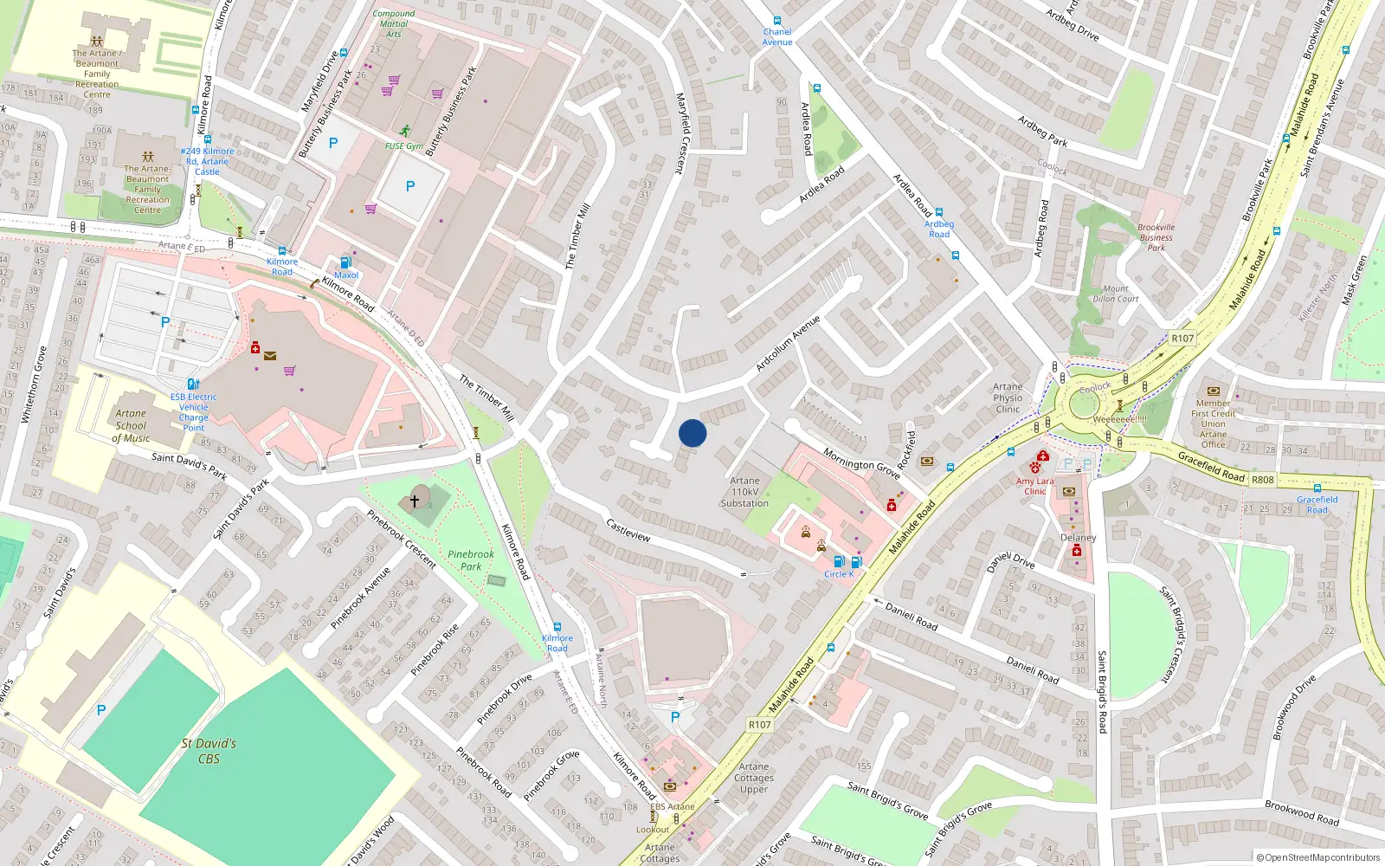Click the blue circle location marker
(x=692, y=433)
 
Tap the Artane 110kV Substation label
(x=744, y=492)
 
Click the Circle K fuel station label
(x=838, y=574)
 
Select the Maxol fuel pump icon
(x=346, y=262)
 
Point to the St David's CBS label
(x=209, y=751)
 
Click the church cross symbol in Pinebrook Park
(x=415, y=501)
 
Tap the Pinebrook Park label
(x=471, y=560)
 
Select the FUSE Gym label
(x=404, y=146)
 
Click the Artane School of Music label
(x=131, y=426)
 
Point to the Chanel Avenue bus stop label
(x=777, y=37)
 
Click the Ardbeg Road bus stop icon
(x=938, y=212)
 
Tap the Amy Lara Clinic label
(x=1035, y=486)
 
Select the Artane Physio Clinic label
(x=1008, y=398)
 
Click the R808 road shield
(x=1262, y=479)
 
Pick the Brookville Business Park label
(x=1156, y=237)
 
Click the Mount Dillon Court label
(x=1116, y=294)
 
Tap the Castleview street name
(x=628, y=530)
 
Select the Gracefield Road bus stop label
(x=1317, y=505)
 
